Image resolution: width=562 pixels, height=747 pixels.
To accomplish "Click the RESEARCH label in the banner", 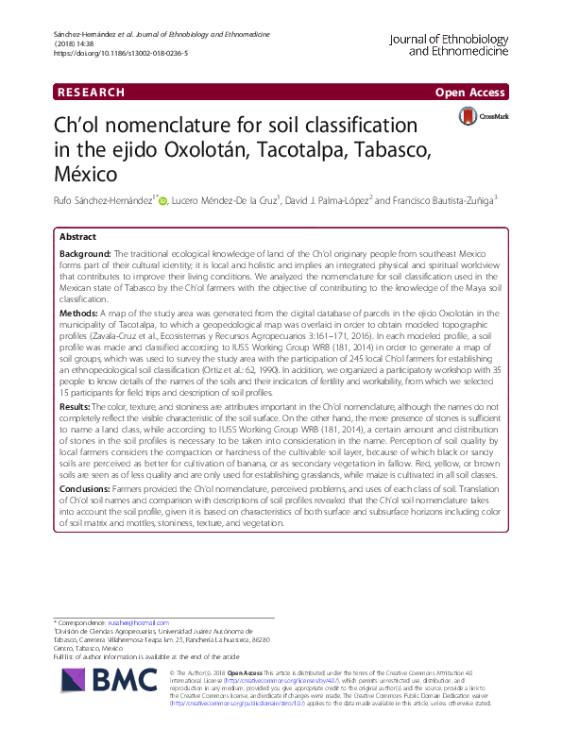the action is pyautogui.click(x=91, y=93).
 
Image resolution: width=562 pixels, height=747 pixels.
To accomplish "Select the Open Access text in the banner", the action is pyautogui.click(x=471, y=93).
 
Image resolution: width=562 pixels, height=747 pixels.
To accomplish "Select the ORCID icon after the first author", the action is pyautogui.click(x=163, y=201).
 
